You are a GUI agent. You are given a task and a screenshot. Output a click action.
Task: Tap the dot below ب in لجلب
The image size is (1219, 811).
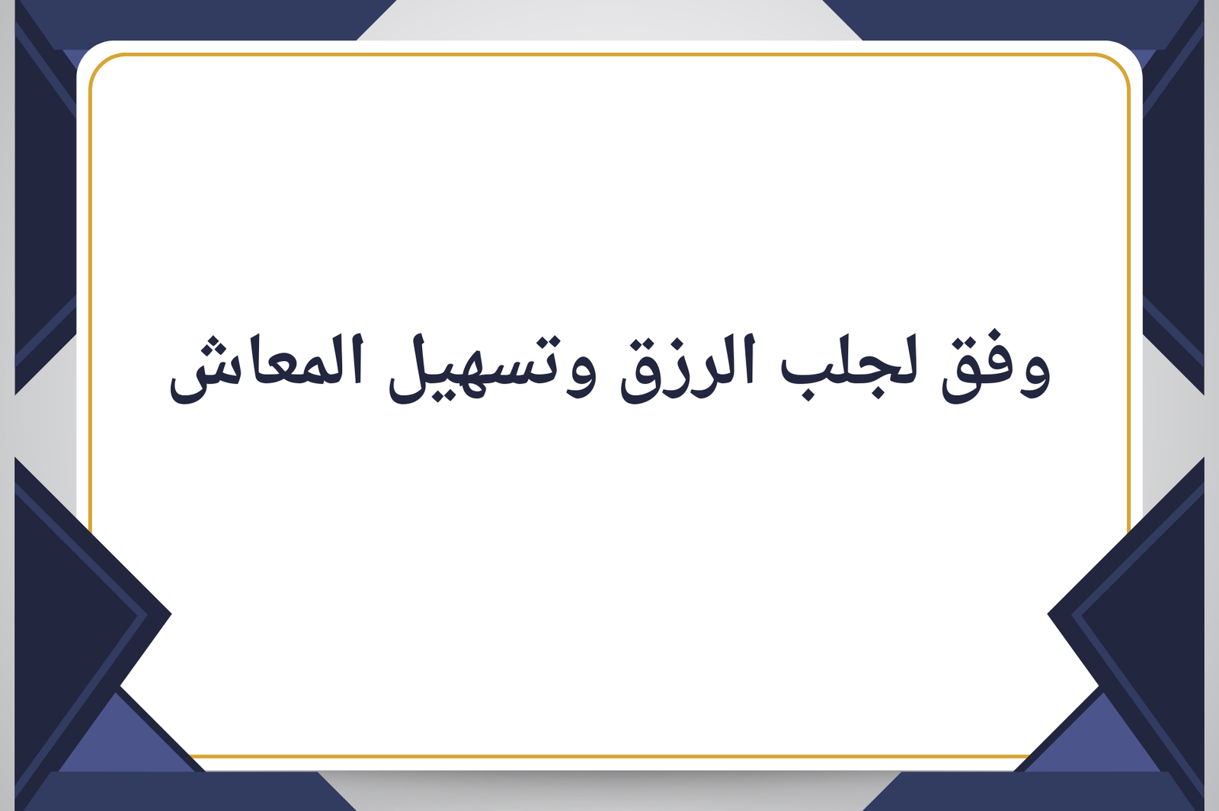(x=808, y=394)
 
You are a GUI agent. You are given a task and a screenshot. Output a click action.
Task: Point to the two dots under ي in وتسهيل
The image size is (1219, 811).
(x=437, y=395)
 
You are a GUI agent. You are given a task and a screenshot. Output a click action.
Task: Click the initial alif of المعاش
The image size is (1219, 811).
(x=357, y=361)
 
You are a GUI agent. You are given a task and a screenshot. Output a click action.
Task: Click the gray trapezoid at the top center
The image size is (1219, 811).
(x=609, y=20)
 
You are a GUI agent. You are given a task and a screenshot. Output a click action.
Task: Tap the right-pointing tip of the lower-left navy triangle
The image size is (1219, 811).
(x=171, y=614)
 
